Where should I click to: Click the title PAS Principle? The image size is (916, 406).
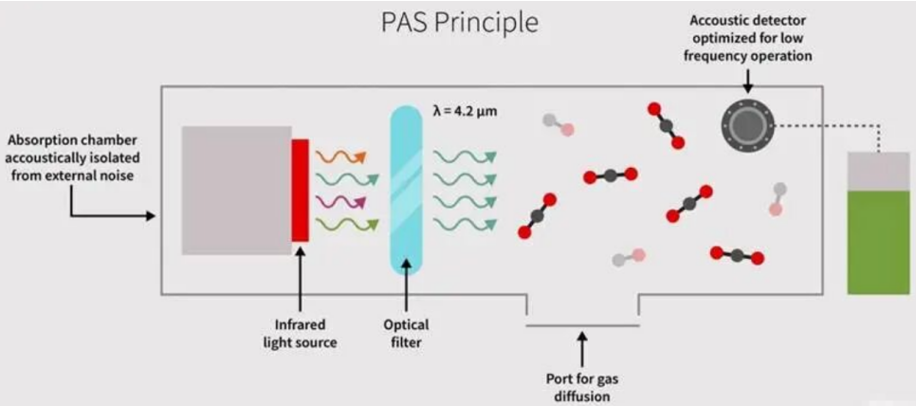[x=459, y=23]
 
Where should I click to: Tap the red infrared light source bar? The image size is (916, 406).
[x=301, y=190]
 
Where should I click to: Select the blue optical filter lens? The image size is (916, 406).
[x=406, y=191]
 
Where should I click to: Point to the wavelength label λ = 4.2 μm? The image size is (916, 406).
[x=466, y=110]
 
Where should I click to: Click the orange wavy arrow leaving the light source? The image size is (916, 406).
[x=341, y=156]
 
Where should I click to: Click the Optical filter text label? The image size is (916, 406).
[x=406, y=333]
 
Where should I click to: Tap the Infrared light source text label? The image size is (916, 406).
[x=301, y=333]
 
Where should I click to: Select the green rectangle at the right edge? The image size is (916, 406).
[x=877, y=242]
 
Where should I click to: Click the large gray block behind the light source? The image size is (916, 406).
[x=237, y=190]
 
